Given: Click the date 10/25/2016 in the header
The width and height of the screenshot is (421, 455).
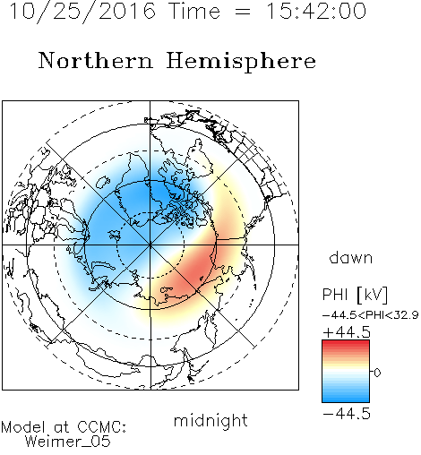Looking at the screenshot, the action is (x=82, y=12).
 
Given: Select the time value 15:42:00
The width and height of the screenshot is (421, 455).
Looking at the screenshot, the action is (x=316, y=11).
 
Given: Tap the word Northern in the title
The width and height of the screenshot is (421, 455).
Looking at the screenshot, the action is (x=96, y=61).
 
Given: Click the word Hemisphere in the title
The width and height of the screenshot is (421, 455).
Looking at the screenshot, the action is (x=241, y=62).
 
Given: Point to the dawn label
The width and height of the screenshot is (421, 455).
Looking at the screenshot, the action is (x=351, y=257).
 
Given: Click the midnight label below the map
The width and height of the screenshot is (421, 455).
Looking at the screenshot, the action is (x=210, y=420).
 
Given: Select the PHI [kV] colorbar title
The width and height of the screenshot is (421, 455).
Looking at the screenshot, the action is (x=355, y=295).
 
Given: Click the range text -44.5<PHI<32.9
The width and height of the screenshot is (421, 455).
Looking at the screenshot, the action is (x=370, y=315).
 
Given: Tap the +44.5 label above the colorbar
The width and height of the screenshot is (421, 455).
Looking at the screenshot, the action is (x=347, y=332).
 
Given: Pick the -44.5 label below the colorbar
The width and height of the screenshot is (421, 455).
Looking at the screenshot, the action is (x=347, y=414).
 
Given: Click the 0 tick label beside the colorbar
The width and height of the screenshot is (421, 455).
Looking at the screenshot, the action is (x=377, y=373).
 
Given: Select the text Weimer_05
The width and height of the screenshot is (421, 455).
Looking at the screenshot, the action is (x=68, y=442).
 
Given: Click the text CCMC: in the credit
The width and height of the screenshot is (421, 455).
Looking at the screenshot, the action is (x=101, y=427).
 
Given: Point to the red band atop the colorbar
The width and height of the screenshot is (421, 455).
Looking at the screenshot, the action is (x=346, y=343).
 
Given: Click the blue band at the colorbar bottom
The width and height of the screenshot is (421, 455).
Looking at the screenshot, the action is (x=346, y=399).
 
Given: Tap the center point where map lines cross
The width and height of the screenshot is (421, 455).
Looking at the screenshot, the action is (x=150, y=245).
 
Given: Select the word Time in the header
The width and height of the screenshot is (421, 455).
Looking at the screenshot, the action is (x=194, y=12).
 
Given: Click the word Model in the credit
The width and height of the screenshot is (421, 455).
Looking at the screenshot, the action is (x=23, y=427).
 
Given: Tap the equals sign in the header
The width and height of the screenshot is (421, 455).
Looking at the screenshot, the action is (x=243, y=12).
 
